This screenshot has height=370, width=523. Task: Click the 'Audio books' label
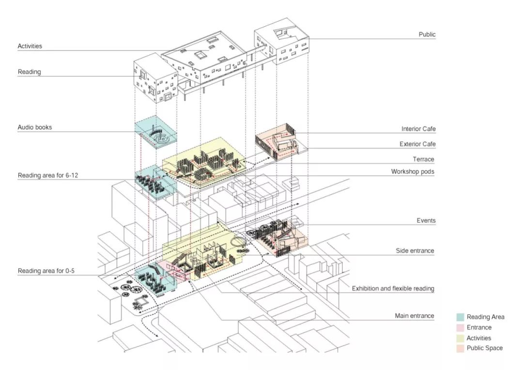34,127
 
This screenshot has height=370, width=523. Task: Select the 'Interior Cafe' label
418,129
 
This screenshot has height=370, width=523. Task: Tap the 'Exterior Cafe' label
417,144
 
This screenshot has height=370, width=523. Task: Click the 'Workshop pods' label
413,171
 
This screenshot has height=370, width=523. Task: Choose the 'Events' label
426,220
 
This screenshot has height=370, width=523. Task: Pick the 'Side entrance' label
415,251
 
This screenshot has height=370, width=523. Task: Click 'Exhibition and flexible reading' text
393,289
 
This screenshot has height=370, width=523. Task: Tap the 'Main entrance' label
415,316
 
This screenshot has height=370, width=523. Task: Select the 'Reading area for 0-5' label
46,271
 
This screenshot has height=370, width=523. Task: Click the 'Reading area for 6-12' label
48,175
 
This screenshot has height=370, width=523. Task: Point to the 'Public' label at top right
427,34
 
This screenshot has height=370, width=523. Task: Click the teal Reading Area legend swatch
461,317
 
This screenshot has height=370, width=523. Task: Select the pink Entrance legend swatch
461,328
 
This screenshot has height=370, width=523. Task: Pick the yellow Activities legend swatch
461,338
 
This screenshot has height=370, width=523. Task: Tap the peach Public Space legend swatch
461,348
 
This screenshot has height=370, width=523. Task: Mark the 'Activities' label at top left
30,46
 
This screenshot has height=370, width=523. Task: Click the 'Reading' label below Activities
30,72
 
